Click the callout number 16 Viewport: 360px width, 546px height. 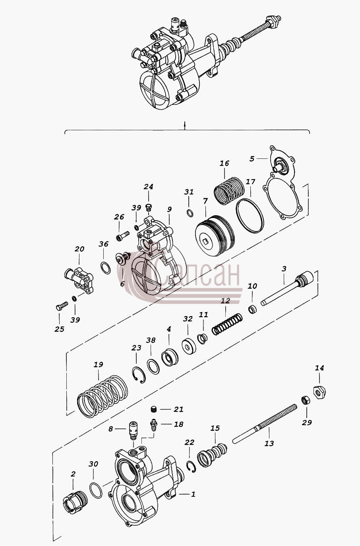point(225,163)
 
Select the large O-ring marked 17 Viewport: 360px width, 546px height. point(250,216)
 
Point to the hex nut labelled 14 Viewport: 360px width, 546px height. point(319,392)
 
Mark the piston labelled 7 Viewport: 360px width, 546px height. point(215,235)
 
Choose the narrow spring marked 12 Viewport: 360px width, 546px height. point(227,324)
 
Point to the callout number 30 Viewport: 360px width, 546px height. point(93,464)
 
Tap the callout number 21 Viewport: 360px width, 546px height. point(178,409)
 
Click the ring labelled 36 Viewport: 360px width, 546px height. point(105,268)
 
